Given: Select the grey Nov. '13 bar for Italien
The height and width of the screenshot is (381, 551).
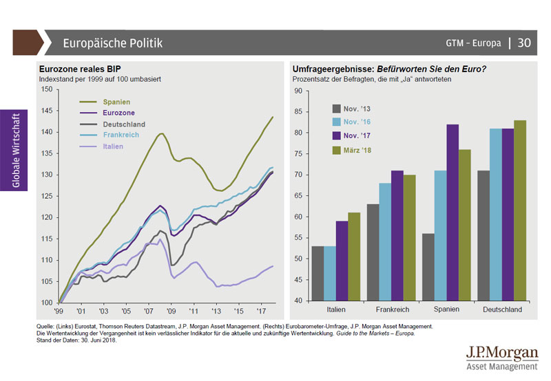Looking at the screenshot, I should pos(318,273).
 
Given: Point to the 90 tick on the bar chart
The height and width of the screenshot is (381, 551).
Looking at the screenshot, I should pos(298,91).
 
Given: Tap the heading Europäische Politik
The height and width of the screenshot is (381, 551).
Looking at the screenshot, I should pos(112,43).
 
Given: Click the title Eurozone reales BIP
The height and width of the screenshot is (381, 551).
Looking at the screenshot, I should pos(76,69).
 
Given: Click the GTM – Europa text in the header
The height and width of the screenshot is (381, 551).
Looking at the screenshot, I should pos(473,43).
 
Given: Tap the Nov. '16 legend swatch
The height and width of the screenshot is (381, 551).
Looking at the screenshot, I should pos(337,122).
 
